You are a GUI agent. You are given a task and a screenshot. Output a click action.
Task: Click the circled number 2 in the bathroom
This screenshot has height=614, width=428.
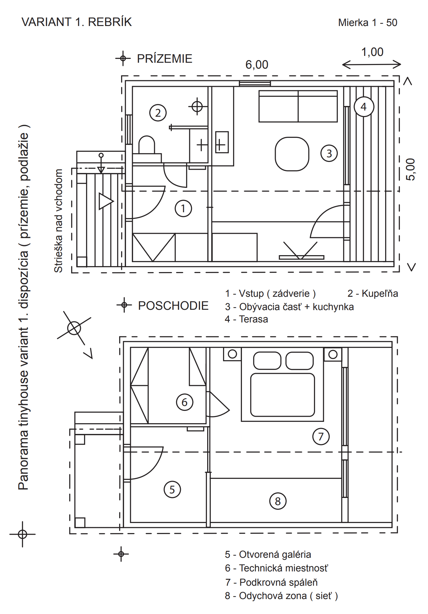tap(158, 113)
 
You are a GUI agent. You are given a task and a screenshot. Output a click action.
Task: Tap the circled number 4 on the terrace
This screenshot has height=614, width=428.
tap(364, 107)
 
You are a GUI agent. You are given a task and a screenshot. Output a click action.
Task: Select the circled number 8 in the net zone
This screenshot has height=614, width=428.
tap(278, 501)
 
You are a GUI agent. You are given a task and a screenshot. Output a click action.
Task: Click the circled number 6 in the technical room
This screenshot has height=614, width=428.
tap(184, 402)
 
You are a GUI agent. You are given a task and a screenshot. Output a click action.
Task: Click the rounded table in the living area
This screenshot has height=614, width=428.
tap(292, 154)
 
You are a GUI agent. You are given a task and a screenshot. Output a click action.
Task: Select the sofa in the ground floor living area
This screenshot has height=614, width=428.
tap(298, 106)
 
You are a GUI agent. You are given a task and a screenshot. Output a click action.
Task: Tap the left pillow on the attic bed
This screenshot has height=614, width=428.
tap(267, 361)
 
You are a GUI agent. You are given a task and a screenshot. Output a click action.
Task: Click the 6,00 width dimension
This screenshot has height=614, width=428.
tap(257, 65)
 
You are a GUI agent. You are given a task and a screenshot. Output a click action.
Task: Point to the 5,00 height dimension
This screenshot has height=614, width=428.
tap(410, 169)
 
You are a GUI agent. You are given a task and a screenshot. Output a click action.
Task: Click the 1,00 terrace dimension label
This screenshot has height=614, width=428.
tap(372, 52)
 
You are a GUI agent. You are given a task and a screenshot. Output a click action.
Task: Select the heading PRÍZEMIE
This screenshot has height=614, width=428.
tap(165, 59)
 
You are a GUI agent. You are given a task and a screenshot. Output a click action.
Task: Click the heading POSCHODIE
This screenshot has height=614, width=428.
tap(173, 306)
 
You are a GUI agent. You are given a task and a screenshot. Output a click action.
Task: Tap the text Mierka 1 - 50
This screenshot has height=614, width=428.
tap(368, 22)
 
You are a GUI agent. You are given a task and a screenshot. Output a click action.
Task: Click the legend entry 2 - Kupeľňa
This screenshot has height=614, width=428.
tap(373, 293)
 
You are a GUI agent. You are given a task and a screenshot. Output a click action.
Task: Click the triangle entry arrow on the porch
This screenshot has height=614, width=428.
tap(106, 201)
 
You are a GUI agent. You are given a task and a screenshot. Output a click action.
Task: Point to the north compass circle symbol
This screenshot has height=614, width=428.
tap(74, 328)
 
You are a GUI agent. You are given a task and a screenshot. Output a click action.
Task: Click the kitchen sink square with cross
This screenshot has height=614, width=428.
tap(222, 142)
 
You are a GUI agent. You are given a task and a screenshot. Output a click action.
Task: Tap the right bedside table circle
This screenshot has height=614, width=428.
tap(333, 354)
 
